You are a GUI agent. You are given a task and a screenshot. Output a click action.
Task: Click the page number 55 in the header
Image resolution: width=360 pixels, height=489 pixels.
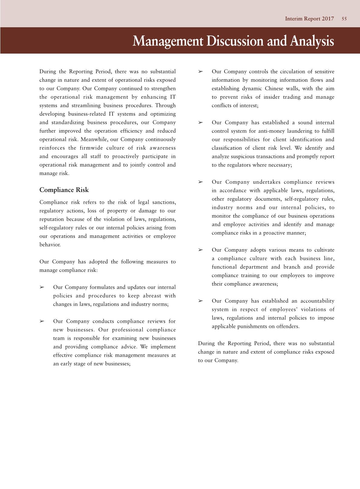(344, 19)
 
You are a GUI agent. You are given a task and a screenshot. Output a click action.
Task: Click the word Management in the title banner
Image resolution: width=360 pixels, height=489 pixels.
(168, 41)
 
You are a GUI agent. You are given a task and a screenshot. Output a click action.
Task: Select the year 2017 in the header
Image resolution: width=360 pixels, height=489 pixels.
(328, 19)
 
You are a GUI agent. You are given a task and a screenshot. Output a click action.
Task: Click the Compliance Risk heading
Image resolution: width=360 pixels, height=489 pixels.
(64, 190)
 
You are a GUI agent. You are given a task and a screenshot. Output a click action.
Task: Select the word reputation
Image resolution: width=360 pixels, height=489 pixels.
(52, 219)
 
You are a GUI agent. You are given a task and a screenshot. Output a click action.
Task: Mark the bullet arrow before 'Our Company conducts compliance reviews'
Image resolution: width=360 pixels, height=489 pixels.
(42, 321)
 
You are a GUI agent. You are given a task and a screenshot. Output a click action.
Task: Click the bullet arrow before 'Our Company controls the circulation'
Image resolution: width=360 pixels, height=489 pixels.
(201, 71)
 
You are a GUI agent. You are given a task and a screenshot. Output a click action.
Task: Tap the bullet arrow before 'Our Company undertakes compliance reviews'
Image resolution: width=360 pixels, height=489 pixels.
(201, 182)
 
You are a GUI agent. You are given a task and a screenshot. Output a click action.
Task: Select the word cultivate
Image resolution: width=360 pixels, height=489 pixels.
(324, 250)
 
